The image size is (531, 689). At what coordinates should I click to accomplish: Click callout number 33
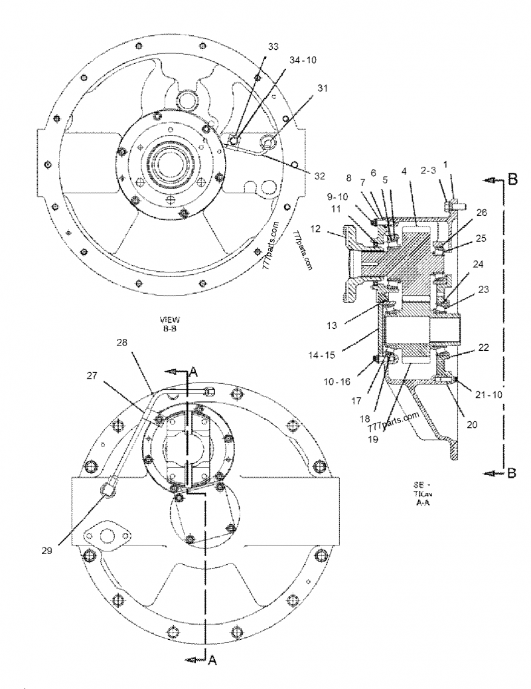tap(273, 47)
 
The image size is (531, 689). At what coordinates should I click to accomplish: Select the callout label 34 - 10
tap(302, 60)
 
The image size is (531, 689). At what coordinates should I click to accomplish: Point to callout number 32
tap(319, 176)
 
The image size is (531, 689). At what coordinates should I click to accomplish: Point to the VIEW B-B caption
tap(171, 324)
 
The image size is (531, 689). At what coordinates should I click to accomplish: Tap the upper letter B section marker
tap(512, 180)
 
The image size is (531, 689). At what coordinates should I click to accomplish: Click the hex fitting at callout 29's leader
tap(109, 490)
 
